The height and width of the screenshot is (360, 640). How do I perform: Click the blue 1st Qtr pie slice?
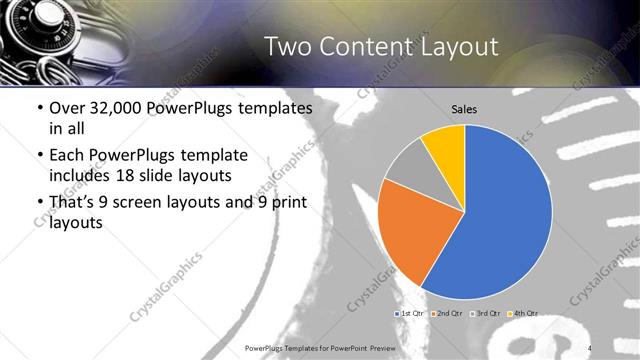(500, 220)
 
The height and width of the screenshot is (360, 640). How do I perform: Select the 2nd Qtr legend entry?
(445, 314)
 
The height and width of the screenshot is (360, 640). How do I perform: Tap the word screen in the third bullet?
(146, 203)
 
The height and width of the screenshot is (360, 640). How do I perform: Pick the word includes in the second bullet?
(78, 177)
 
